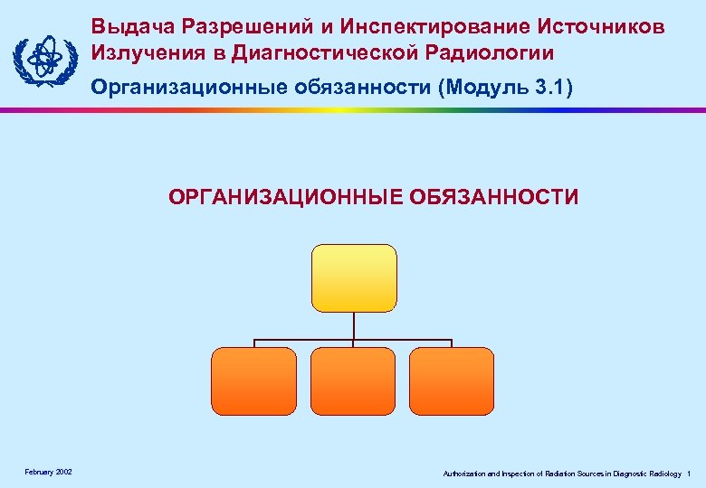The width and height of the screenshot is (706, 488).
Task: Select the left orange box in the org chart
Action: (253, 380)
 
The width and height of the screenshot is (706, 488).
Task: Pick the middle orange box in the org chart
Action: (353, 380)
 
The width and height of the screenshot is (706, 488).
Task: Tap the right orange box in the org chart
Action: (452, 380)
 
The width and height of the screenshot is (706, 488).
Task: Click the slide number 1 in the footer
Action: (690, 474)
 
